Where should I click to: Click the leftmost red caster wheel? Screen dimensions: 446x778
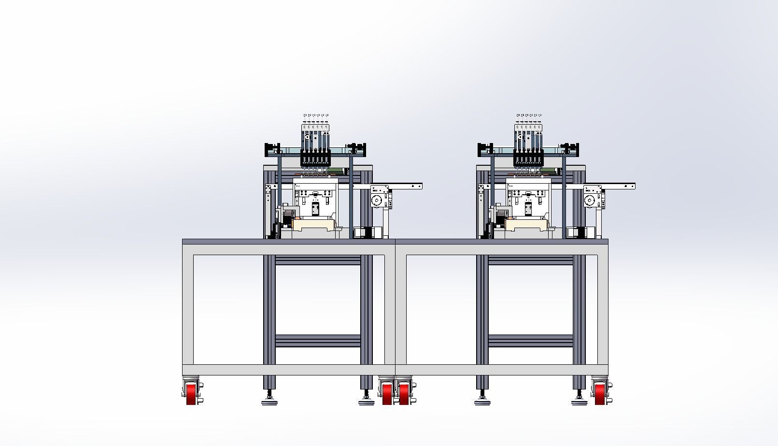[x=191, y=394]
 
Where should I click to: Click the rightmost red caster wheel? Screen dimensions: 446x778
[x=600, y=394]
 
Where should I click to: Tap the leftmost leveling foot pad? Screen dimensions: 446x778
[x=269, y=401]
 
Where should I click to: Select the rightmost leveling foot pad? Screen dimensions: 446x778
[x=579, y=401]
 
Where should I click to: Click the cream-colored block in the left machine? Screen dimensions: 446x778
[x=313, y=224]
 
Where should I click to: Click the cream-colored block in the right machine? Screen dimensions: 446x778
[x=526, y=224]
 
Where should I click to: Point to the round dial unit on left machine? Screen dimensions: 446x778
[x=377, y=200]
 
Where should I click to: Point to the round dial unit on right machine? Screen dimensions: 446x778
[x=589, y=200]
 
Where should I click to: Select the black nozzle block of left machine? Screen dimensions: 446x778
[x=315, y=158]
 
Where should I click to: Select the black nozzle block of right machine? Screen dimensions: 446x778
[x=528, y=158]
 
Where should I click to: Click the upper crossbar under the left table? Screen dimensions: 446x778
[x=318, y=260]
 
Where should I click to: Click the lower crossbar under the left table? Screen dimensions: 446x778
[x=318, y=340]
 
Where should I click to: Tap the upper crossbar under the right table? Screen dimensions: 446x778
[x=530, y=260]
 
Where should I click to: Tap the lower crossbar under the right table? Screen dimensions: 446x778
[x=530, y=340]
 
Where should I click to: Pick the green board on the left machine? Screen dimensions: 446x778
[x=337, y=171]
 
